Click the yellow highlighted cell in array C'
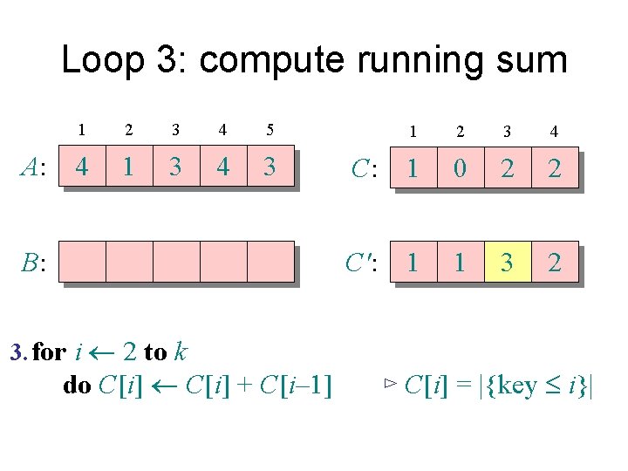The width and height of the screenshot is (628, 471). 507,262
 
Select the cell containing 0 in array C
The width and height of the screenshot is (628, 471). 460,169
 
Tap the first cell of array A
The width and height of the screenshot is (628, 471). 81,166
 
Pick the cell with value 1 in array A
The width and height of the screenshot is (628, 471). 128,166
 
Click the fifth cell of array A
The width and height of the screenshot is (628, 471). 270,166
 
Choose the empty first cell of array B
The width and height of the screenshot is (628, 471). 81,262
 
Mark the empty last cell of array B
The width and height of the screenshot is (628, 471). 270,262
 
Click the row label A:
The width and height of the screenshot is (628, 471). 34,167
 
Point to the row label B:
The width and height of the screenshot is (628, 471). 34,263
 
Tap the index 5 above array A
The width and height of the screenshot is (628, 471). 270,130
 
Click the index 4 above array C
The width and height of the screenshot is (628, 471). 554,133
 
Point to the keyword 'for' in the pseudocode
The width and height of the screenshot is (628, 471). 49,352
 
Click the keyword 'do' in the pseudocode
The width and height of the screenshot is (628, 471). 78,385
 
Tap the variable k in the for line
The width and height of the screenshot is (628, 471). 180,352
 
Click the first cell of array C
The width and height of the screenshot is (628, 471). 413,169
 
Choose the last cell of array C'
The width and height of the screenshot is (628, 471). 554,262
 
